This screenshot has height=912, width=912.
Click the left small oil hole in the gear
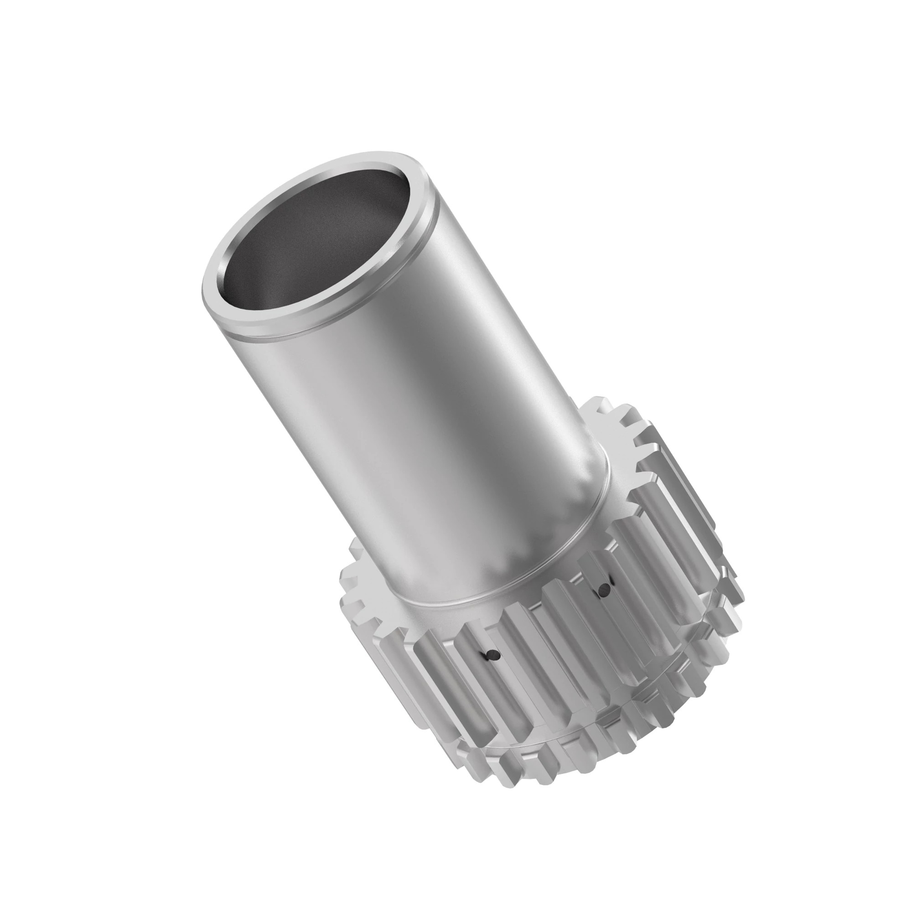[x=492, y=654]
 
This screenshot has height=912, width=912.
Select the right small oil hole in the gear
[x=603, y=588]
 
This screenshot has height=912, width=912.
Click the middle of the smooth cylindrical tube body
[x=425, y=425]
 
